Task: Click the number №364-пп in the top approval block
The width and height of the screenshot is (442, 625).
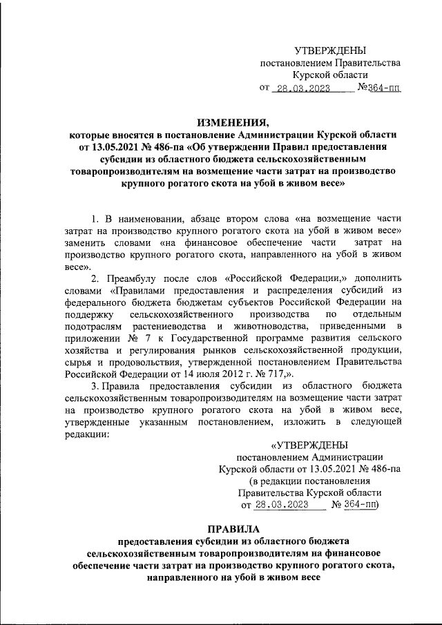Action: (x=379, y=88)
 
